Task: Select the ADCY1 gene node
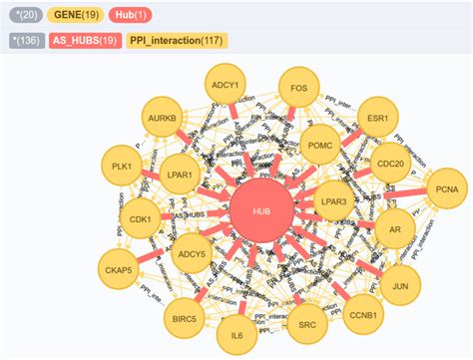pyautogui.click(x=225, y=87)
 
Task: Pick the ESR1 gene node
pyautogui.click(x=377, y=118)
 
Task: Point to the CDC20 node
pyautogui.click(x=391, y=164)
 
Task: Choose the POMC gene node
pyautogui.click(x=319, y=146)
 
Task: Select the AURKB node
pyautogui.click(x=162, y=118)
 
